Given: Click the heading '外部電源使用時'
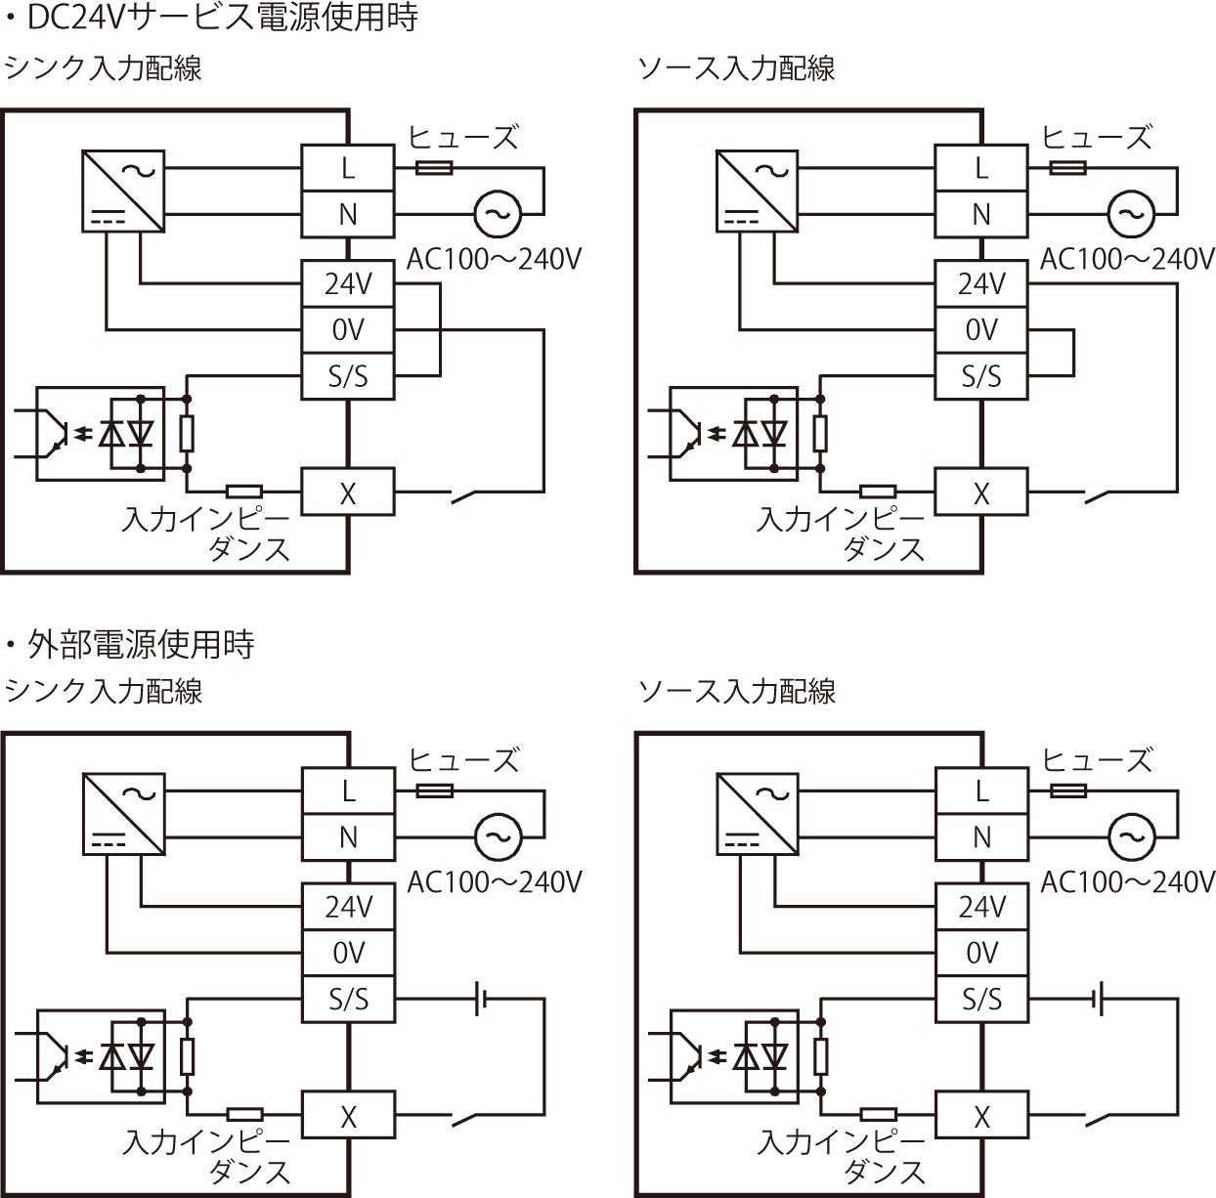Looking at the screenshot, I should pos(142,644).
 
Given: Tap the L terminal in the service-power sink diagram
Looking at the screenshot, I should pos(348,168).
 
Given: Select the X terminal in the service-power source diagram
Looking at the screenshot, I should pos(981,492).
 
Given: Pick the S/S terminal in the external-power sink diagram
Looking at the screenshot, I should pos(348,999).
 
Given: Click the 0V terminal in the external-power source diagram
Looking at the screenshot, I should pos(981,953).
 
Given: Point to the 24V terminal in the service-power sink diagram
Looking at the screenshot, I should pos(348,284).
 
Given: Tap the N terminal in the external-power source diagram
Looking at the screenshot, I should pos(981,836).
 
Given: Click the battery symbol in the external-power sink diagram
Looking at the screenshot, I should pos(482,999).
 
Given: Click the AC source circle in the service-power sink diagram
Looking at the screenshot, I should pos(498,213).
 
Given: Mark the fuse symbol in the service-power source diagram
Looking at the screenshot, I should pos(1067,169).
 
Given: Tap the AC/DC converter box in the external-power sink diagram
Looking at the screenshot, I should pos(123,816).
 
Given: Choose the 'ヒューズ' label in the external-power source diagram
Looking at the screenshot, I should pos(1097,759).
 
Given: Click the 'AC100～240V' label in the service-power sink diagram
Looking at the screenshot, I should pos(494,259).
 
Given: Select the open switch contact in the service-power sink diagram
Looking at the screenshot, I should pos(475,495).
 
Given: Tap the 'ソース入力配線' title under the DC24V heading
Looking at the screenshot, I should pos(737,68).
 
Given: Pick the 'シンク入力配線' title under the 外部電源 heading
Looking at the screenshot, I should pos(104,691).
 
